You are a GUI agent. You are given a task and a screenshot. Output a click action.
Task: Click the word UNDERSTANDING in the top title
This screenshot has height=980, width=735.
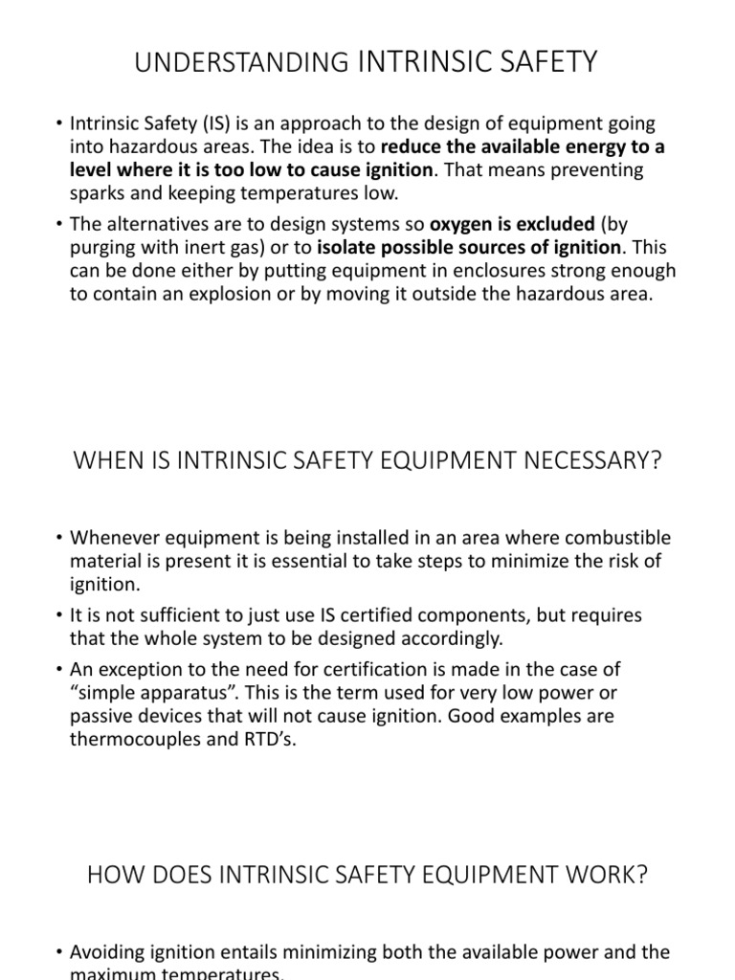point(244,63)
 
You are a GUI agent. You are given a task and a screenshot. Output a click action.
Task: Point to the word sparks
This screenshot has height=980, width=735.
point(100,191)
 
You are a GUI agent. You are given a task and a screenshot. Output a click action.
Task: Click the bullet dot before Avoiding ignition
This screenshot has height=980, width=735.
point(59,952)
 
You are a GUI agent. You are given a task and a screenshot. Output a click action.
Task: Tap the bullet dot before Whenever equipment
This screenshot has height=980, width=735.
point(59,538)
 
